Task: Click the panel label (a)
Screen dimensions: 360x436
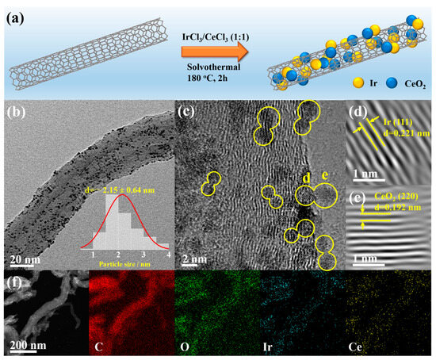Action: pos(17,15)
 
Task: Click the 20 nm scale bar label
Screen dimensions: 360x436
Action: pos(25,258)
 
